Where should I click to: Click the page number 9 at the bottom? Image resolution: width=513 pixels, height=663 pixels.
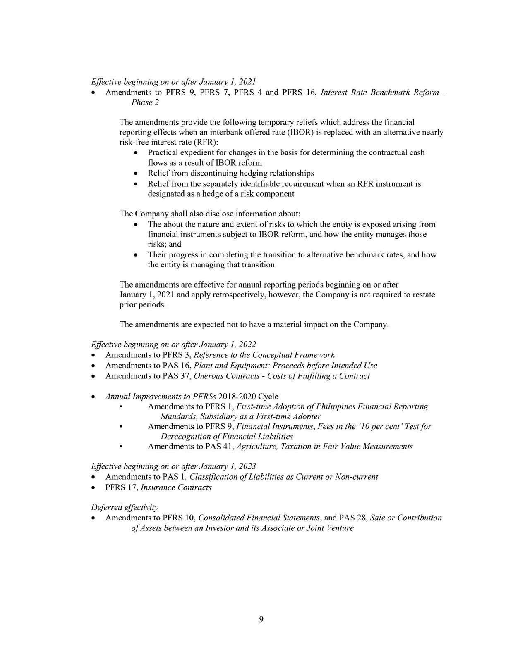(x=261, y=619)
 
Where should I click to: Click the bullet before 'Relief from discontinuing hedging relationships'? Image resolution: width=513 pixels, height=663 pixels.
(x=137, y=173)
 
